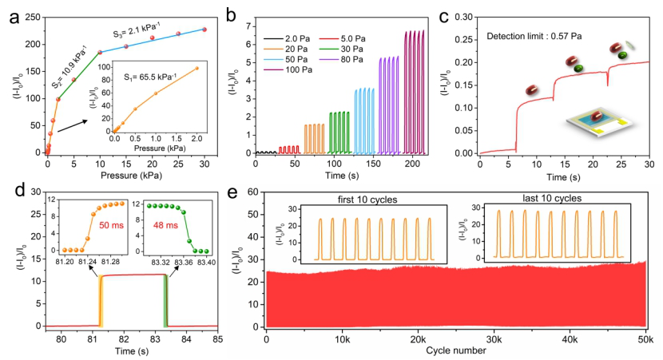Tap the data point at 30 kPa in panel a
205,30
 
